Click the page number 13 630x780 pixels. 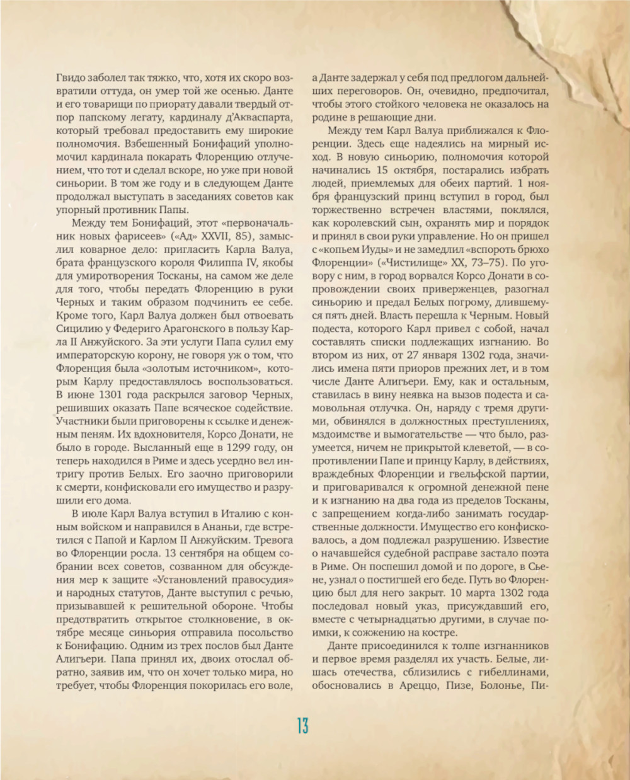[x=303, y=726]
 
